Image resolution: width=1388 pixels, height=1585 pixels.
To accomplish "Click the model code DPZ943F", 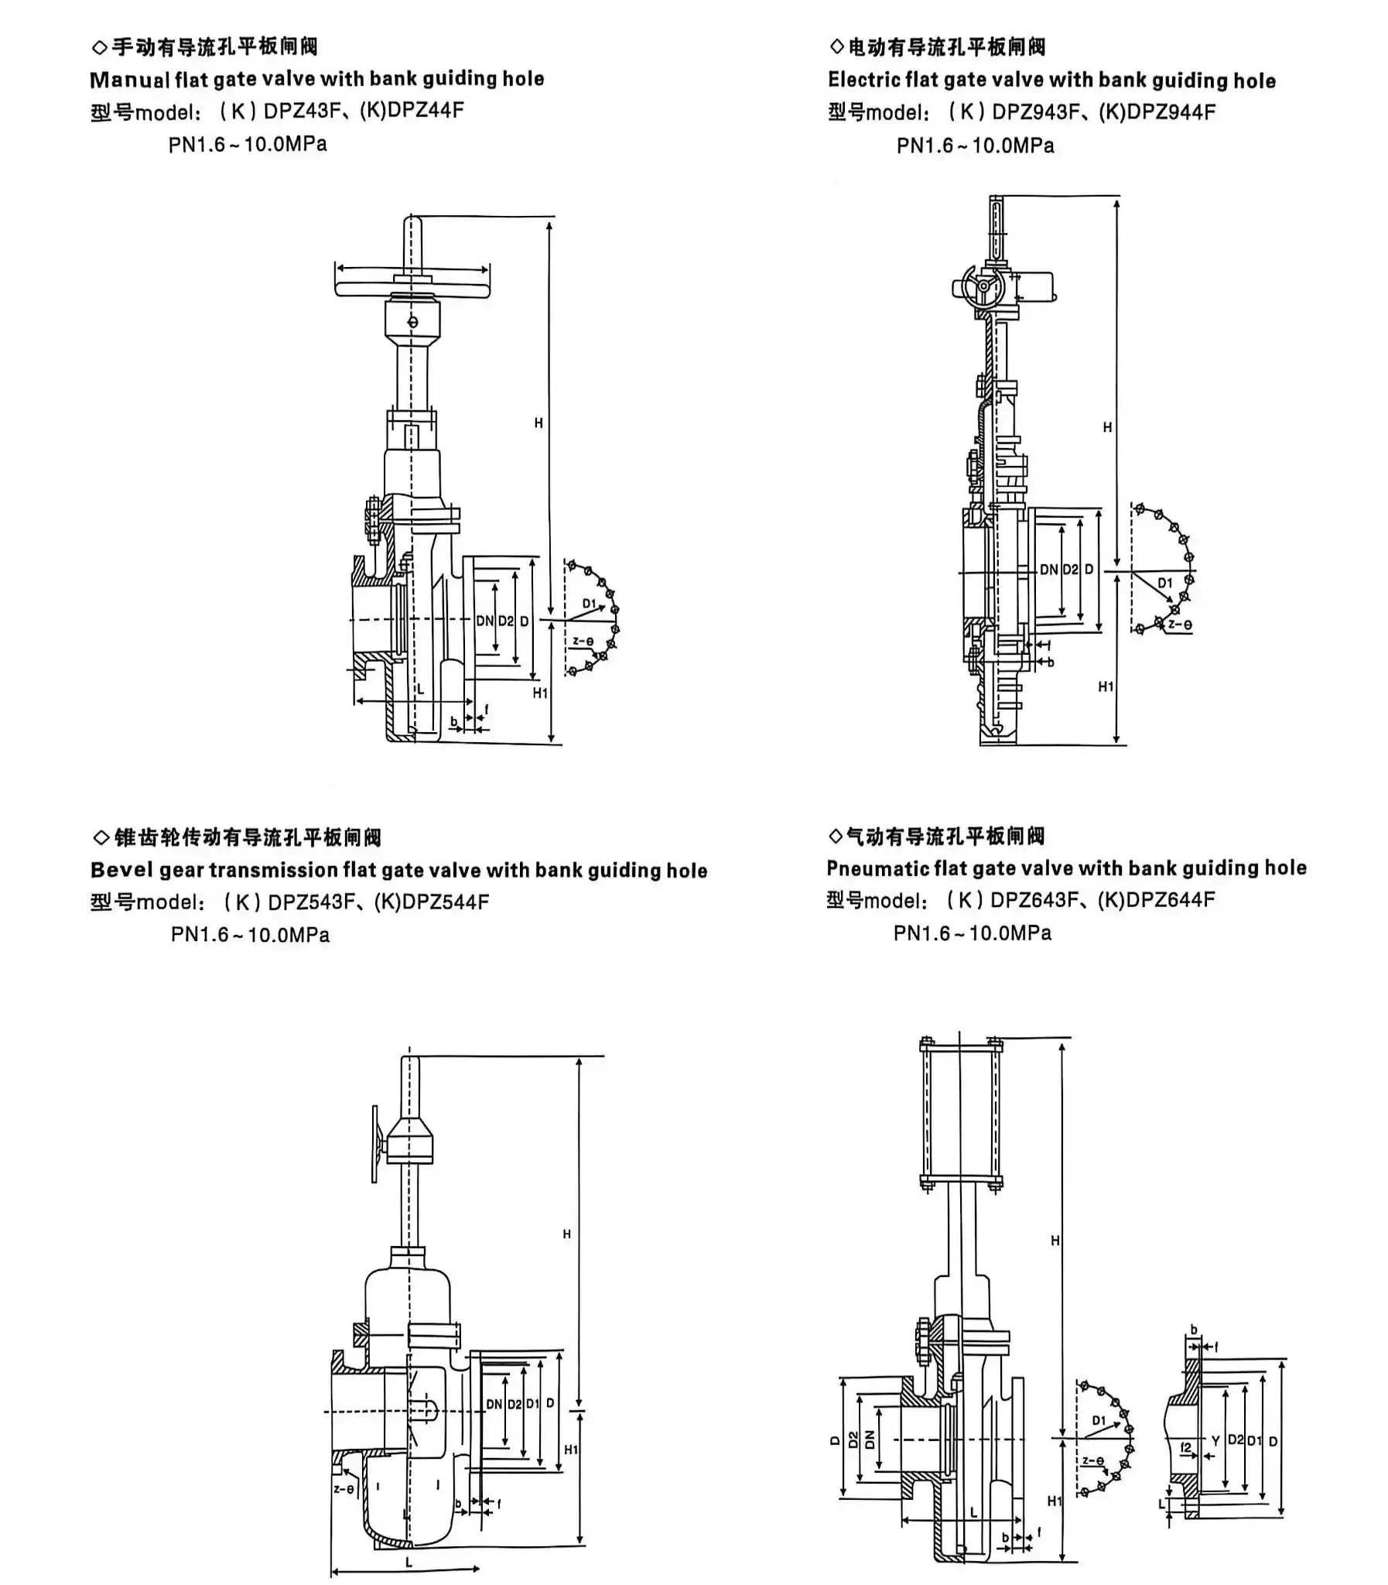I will (1035, 112).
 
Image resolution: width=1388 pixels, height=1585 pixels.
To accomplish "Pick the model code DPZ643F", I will (1034, 899).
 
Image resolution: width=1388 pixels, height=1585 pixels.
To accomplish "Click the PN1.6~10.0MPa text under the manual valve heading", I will (248, 144).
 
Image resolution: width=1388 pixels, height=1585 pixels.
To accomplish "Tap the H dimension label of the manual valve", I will (538, 423).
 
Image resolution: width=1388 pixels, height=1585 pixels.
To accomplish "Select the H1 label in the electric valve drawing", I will (1106, 686).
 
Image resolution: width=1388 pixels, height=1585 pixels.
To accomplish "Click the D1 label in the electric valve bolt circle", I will (1165, 583).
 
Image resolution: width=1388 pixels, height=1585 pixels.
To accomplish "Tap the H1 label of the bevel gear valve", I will (571, 1450).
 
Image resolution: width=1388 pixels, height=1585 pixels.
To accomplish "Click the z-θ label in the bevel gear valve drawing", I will (344, 1488).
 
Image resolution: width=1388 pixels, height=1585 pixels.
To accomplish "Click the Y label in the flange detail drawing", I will (1215, 1440).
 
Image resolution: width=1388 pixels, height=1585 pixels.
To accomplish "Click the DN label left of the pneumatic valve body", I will (870, 1440).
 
